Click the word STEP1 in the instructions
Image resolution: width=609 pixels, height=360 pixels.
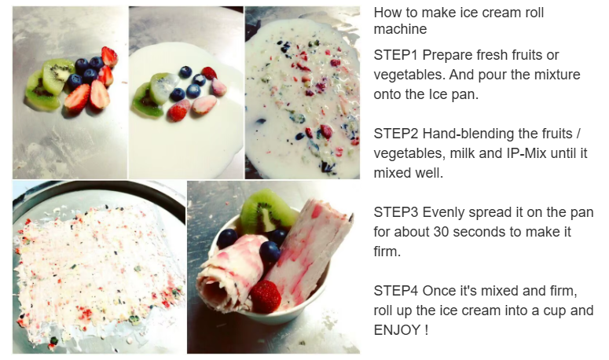coord(395,55)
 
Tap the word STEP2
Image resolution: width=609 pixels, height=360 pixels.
coord(396,134)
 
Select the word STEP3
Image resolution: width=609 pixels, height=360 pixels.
coord(396,212)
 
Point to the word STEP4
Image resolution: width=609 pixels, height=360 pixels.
coord(396,291)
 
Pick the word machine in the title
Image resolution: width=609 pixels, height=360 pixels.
coord(400,29)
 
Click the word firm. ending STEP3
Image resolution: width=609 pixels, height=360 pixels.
coord(387,252)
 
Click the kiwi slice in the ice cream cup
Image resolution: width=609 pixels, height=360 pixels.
coord(268,211)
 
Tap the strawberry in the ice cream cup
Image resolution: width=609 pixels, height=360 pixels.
coord(265,296)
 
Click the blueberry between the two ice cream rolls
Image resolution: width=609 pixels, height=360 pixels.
coord(270,252)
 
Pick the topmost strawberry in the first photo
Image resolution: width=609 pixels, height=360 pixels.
coord(109,57)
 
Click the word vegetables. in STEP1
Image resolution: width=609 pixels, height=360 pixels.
coord(409,75)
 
